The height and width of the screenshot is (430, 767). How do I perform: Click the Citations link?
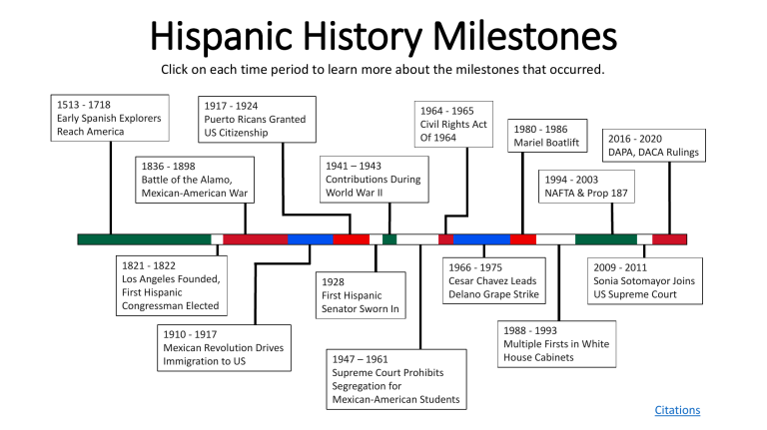677,410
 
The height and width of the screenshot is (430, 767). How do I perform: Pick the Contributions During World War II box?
372,179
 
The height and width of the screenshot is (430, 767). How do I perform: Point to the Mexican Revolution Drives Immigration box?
223,348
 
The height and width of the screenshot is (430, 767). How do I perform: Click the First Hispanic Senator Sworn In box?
361,295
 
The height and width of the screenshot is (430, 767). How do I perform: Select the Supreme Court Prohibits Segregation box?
396,379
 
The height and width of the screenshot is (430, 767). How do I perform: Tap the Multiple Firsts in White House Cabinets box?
556,342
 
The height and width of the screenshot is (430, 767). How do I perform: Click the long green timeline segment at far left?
144,239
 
